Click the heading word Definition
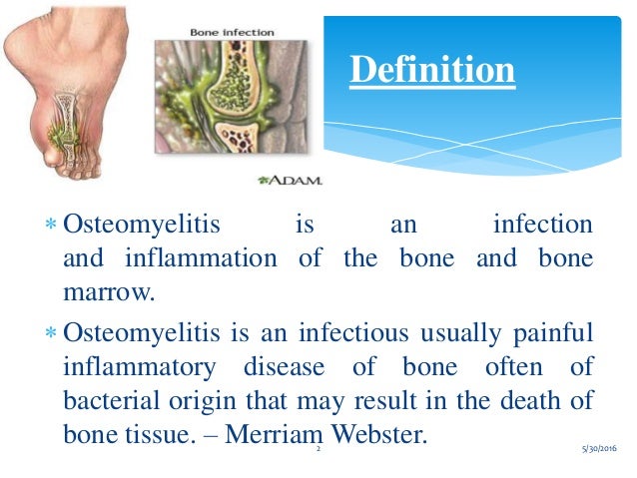[x=432, y=70]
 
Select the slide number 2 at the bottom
[x=318, y=452]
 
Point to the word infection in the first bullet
[x=543, y=223]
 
